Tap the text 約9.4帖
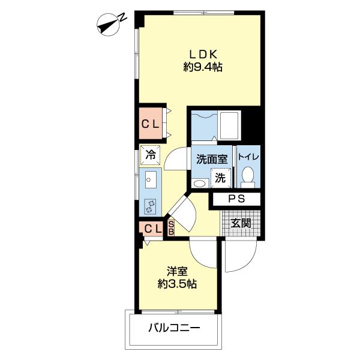[202, 68]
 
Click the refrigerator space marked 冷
[151, 154]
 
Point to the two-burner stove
[150, 206]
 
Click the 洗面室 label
[211, 159]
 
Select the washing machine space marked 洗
[220, 178]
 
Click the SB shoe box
[170, 228]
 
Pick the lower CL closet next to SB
[152, 228]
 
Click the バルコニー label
[174, 328]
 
